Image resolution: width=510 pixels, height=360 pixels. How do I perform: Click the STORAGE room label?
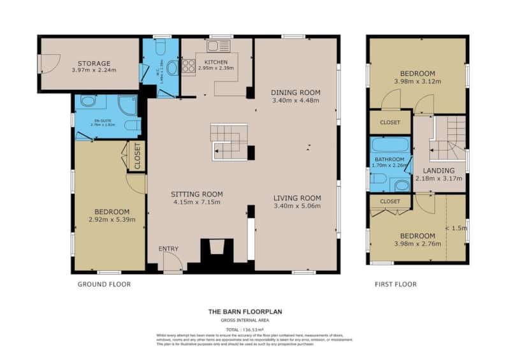(94, 63)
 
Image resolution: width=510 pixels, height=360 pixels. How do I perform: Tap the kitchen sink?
(220, 45)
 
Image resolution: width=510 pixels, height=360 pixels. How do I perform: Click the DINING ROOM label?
(296, 92)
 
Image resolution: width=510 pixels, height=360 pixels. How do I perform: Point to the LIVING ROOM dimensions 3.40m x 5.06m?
(296, 206)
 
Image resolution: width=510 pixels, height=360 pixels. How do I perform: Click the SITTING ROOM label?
(196, 194)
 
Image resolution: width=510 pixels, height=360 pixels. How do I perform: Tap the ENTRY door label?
(169, 248)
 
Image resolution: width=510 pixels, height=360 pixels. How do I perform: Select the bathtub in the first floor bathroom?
(390, 145)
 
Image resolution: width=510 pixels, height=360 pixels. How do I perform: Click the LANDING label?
(439, 170)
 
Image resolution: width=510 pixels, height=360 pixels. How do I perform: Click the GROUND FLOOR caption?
(104, 284)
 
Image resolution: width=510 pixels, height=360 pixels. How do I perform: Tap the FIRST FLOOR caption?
(395, 284)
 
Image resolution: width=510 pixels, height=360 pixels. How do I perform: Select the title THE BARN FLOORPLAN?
(245, 312)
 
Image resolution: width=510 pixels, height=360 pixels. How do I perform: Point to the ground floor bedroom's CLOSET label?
(136, 157)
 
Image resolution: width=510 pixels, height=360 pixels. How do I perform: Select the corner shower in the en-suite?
(127, 104)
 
